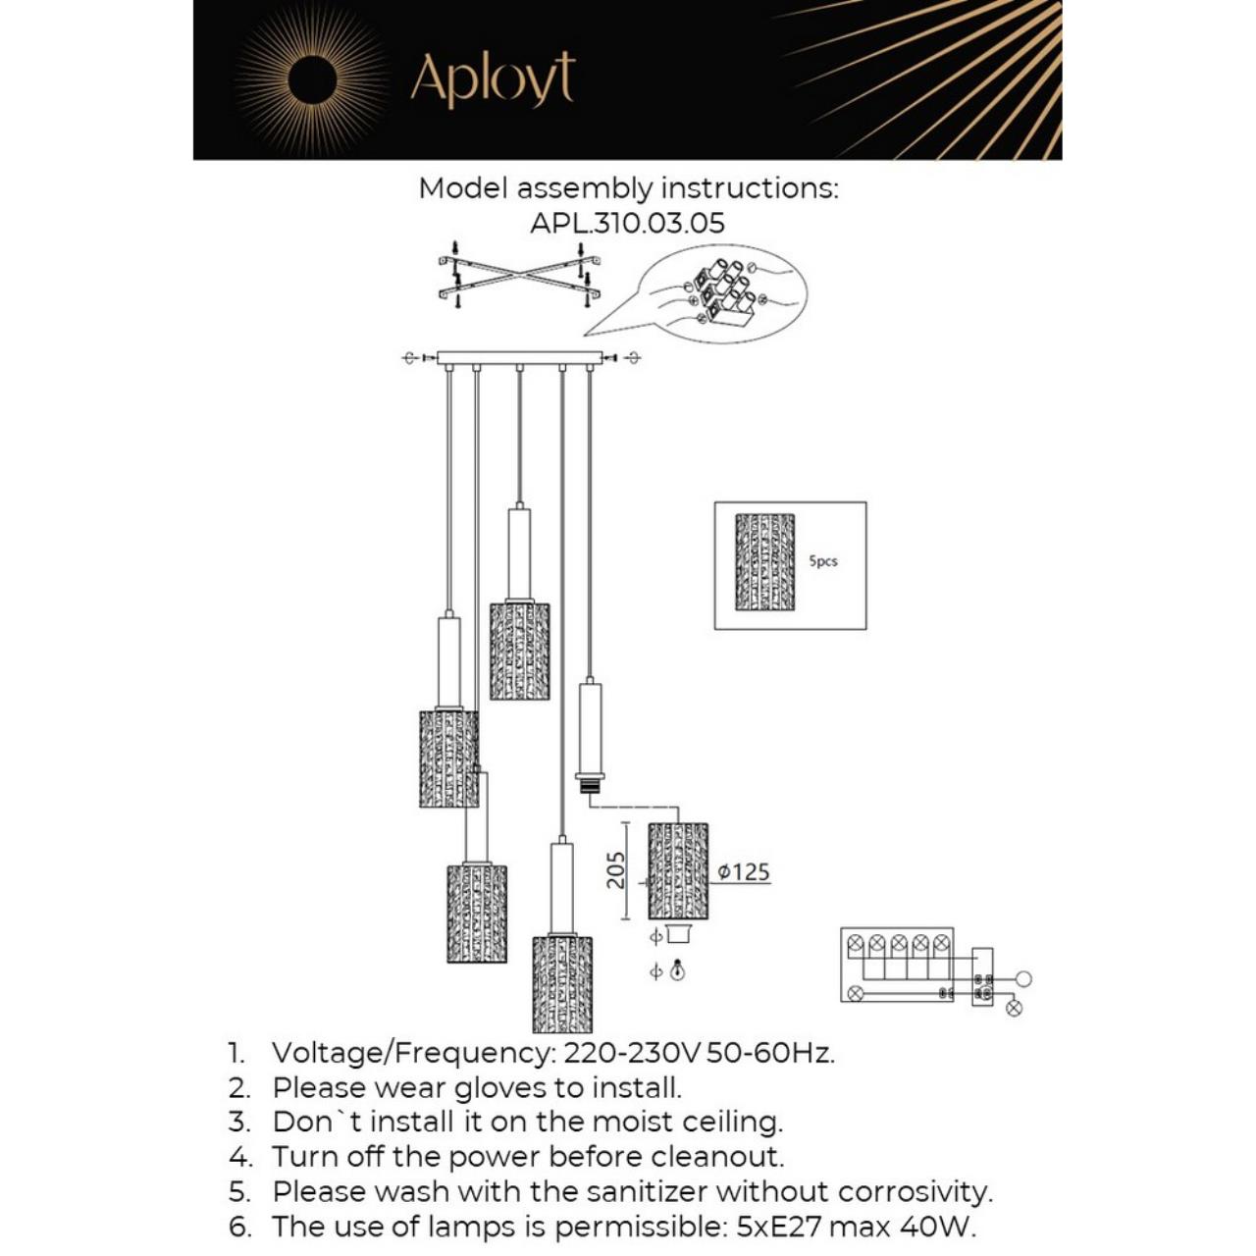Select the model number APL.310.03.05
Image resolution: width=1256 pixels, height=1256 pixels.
pyautogui.click(x=627, y=223)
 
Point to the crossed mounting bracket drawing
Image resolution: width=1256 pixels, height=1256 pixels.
pyautogui.click(x=518, y=275)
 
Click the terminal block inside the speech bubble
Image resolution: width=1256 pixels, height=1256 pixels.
pyautogui.click(x=724, y=292)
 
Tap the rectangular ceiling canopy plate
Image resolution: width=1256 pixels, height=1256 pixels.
pyautogui.click(x=519, y=358)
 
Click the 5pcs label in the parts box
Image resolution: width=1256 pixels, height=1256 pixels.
pyautogui.click(x=822, y=561)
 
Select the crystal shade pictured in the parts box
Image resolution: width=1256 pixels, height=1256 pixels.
pyautogui.click(x=764, y=561)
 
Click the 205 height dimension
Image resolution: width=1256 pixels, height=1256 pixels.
pyautogui.click(x=615, y=870)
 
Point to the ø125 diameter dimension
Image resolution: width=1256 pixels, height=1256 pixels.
pyautogui.click(x=744, y=871)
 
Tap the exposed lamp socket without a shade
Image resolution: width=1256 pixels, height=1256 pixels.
pyautogui.click(x=589, y=783)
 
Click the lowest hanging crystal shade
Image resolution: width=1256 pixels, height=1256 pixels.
pyautogui.click(x=562, y=983)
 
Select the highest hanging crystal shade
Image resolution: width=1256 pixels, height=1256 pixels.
pyautogui.click(x=519, y=650)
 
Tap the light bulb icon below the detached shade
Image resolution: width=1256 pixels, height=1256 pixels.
pyautogui.click(x=677, y=971)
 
